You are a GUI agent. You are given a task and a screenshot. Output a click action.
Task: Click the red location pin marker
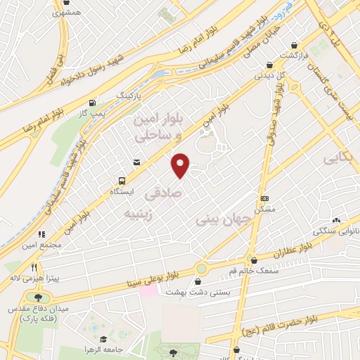point(181,165)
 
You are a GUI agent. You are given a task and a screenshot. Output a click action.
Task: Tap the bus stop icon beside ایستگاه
point(122,180)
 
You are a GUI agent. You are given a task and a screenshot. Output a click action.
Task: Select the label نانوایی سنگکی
point(337,231)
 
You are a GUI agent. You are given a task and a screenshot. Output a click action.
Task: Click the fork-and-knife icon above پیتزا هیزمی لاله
point(33,267)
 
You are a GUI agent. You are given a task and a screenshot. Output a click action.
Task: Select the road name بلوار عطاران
point(288,250)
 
